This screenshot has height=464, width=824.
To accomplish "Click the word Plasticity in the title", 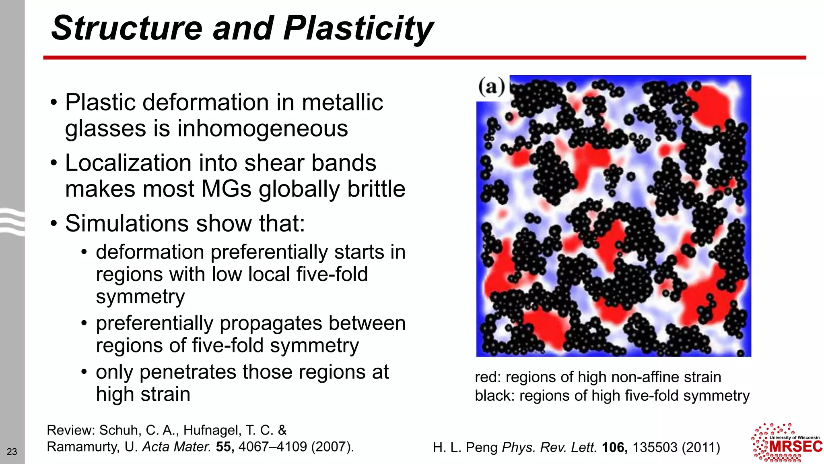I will click(358, 28).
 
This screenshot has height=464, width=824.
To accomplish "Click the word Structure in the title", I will click(127, 28).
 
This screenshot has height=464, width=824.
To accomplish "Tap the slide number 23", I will click(12, 452).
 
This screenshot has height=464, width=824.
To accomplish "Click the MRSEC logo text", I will click(795, 447).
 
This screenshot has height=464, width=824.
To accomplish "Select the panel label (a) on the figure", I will click(491, 86).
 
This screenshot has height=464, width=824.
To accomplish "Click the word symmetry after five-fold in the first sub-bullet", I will click(140, 297).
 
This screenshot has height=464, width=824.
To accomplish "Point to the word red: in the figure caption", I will click(488, 377).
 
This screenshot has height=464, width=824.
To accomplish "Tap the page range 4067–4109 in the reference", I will click(273, 447).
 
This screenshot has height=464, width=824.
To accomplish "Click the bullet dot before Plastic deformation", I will click(54, 102).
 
